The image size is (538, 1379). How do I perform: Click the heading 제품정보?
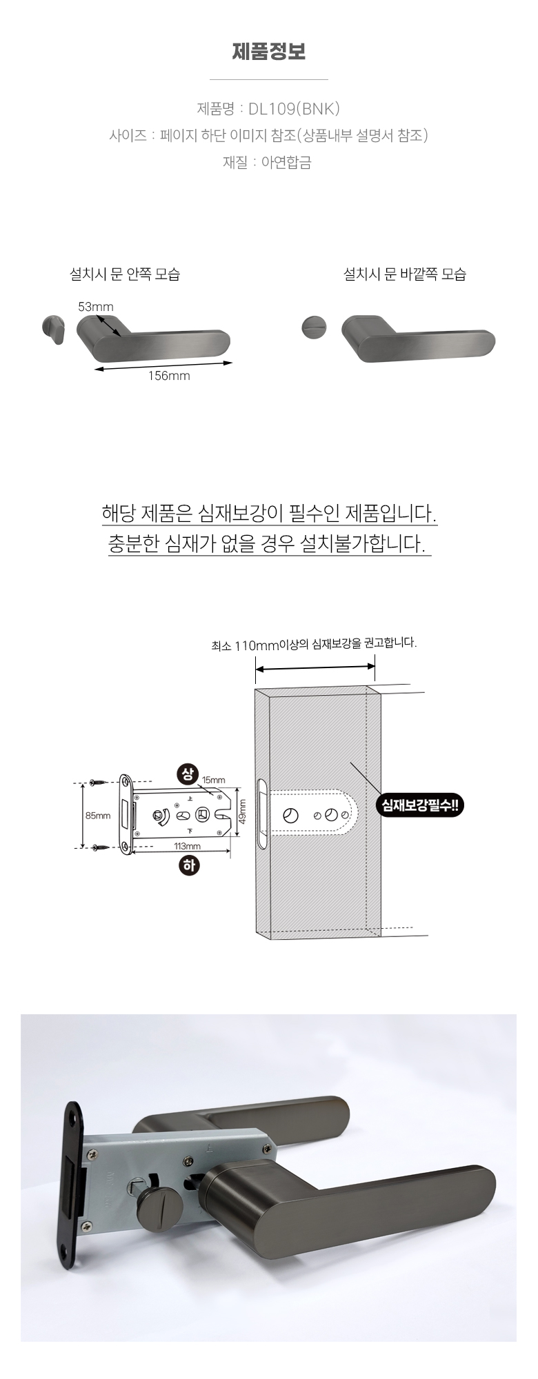[268, 52]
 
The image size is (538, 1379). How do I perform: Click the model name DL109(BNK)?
[294, 108]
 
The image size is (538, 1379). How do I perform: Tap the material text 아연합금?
[286, 162]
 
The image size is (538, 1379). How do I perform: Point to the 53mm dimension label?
[95, 307]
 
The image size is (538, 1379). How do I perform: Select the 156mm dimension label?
[168, 376]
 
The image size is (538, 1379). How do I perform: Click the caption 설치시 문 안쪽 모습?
[125, 274]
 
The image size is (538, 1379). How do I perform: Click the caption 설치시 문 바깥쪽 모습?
[405, 274]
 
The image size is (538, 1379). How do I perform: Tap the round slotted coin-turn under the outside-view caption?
[314, 327]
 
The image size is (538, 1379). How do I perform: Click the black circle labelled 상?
[188, 774]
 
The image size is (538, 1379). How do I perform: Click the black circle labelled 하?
[188, 865]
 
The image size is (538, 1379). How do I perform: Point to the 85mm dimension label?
[98, 816]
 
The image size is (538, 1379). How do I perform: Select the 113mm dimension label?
[187, 846]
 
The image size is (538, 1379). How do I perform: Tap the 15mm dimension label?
[213, 780]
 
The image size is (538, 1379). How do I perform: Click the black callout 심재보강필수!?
[420, 805]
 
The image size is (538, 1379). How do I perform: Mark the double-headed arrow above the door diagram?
[315, 667]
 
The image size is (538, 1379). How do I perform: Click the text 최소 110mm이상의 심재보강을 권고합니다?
[314, 644]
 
